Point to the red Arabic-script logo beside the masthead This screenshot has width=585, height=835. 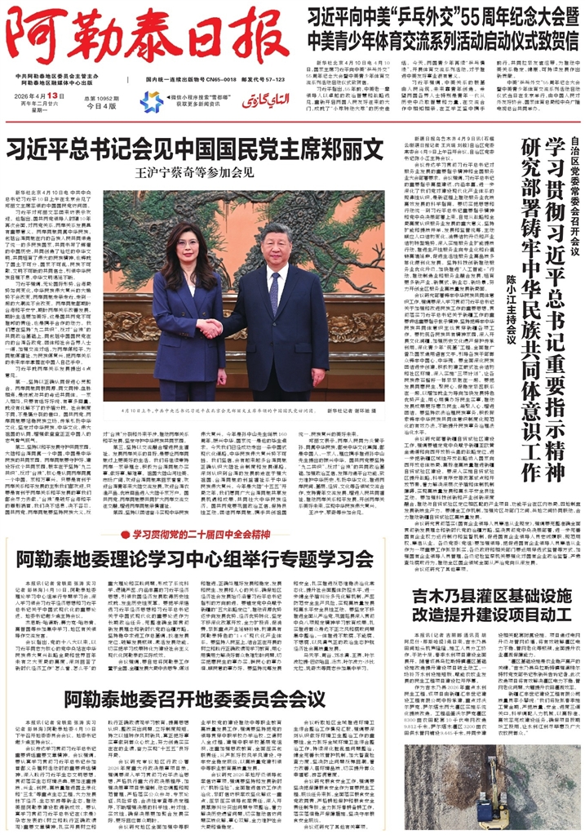point(260,100)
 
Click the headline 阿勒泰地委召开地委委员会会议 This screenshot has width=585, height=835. point(194,700)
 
